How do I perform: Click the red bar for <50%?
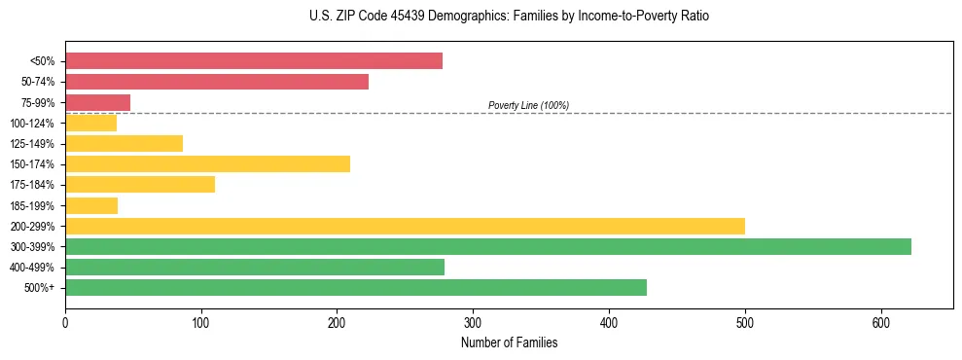click(254, 61)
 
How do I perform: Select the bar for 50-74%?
click(217, 82)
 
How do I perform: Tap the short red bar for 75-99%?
click(97, 102)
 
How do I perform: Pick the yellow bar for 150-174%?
click(207, 163)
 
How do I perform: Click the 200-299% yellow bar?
click(405, 226)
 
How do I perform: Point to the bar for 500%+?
click(356, 287)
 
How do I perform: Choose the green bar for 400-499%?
click(255, 267)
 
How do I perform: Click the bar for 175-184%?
click(140, 184)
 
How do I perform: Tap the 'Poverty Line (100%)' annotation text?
click(528, 105)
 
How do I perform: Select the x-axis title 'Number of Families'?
click(509, 342)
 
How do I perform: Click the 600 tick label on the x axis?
click(880, 322)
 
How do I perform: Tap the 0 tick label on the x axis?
click(65, 322)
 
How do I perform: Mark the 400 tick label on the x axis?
click(609, 322)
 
